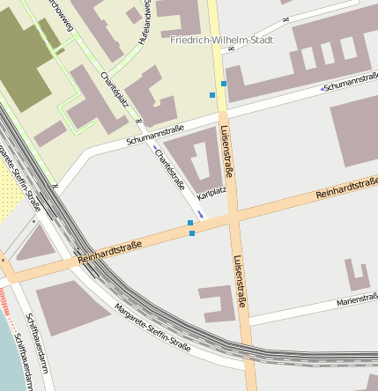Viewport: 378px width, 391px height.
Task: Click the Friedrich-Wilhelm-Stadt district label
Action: [220, 41]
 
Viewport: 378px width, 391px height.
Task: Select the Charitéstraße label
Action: [169, 169]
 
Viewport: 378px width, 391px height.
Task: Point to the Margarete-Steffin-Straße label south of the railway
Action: [152, 328]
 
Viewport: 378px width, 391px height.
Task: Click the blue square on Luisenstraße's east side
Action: [224, 84]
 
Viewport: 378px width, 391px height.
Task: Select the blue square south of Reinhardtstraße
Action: [192, 233]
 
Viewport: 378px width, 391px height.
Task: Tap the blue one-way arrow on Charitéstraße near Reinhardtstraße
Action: [201, 214]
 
